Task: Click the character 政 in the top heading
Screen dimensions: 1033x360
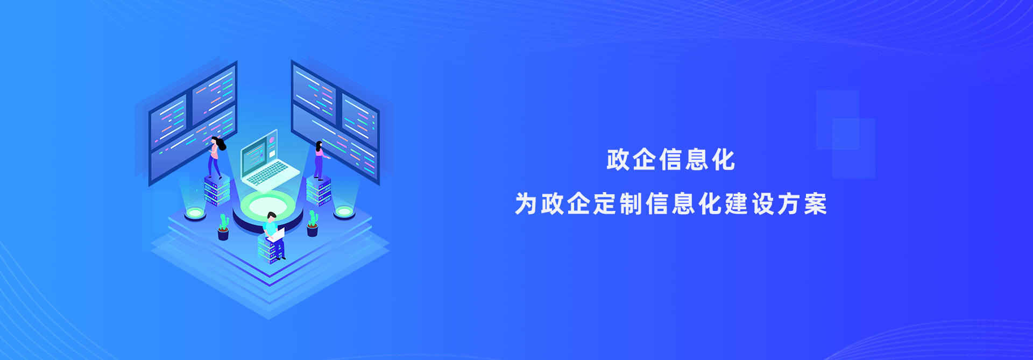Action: click(x=618, y=160)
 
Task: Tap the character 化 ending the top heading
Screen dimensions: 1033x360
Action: click(x=724, y=160)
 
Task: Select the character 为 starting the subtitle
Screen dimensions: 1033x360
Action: click(x=526, y=204)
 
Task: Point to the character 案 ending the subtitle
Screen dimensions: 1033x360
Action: click(x=816, y=204)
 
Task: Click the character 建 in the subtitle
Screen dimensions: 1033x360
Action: click(x=737, y=204)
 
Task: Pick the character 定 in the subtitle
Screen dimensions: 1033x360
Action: click(x=605, y=204)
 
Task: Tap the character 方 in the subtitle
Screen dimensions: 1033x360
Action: click(x=789, y=204)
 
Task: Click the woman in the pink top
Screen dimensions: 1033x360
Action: click(x=216, y=157)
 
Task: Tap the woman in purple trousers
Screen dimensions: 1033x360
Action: click(x=320, y=160)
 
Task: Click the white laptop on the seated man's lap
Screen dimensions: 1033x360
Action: click(x=277, y=235)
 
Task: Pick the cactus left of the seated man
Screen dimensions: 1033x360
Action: click(x=223, y=227)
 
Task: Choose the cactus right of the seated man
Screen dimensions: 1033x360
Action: click(x=313, y=223)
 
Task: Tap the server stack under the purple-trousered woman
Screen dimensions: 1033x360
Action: click(x=319, y=191)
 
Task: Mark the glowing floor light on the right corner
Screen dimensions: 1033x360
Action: click(x=344, y=213)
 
